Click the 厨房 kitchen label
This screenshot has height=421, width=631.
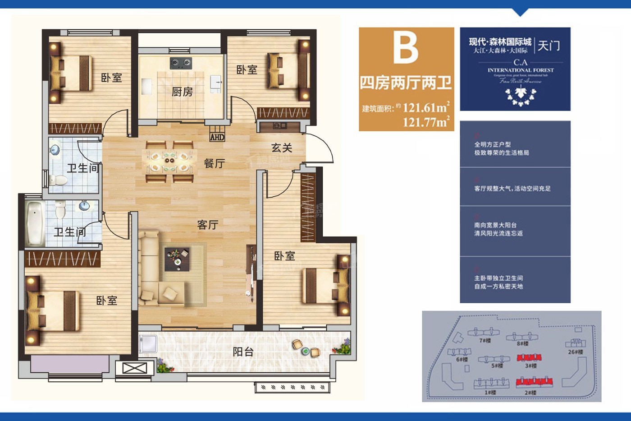pyautogui.click(x=182, y=92)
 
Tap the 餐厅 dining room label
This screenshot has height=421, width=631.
pyautogui.click(x=214, y=163)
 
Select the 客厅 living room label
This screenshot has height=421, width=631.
pyautogui.click(x=208, y=225)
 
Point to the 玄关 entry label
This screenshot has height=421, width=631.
pyautogui.click(x=282, y=148)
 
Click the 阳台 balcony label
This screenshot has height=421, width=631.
pyautogui.click(x=243, y=352)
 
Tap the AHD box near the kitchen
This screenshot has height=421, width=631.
pyautogui.click(x=217, y=137)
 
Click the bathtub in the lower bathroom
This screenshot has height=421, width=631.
pyautogui.click(x=34, y=223)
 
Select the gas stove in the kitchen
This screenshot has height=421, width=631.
pyautogui.click(x=181, y=63)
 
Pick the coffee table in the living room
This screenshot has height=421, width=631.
pyautogui.click(x=177, y=259)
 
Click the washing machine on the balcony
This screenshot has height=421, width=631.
pyautogui.click(x=148, y=344)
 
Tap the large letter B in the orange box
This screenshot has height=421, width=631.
pyautogui.click(x=406, y=47)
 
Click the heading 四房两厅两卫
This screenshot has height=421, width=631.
pyautogui.click(x=406, y=83)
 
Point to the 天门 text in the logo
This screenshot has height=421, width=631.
pyautogui.click(x=549, y=46)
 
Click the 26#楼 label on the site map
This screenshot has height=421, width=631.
pyautogui.click(x=575, y=352)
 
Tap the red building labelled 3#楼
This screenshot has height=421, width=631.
pyautogui.click(x=529, y=358)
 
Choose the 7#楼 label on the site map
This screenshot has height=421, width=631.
pyautogui.click(x=485, y=341)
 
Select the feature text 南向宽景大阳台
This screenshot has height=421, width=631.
pyautogui.click(x=495, y=225)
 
